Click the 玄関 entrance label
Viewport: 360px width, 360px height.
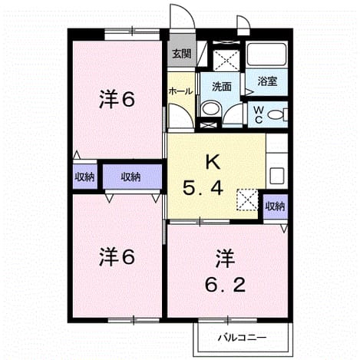pyautogui.click(x=182, y=54)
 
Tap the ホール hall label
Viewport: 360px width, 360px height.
pyautogui.click(x=180, y=91)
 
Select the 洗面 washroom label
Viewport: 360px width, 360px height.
pyautogui.click(x=222, y=87)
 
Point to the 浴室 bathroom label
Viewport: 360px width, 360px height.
pyautogui.click(x=267, y=81)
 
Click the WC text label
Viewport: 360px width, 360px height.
pyautogui.click(x=259, y=115)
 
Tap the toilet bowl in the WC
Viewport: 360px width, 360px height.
pyautogui.click(x=277, y=115)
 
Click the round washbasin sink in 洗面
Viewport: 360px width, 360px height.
pyautogui.click(x=211, y=109)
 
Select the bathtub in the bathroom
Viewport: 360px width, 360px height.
pyautogui.click(x=267, y=54)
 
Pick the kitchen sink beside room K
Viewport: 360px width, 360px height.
pyautogui.click(x=277, y=176)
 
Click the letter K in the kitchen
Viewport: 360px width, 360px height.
pyautogui.click(x=213, y=162)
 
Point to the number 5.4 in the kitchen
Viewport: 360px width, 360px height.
pyautogui.click(x=203, y=189)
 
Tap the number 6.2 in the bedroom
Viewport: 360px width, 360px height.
pyautogui.click(x=225, y=286)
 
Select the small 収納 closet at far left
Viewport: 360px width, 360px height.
pyautogui.click(x=84, y=177)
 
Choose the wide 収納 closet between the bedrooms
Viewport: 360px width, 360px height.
pyautogui.click(x=132, y=177)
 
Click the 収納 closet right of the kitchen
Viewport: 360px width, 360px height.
pyautogui.click(x=276, y=206)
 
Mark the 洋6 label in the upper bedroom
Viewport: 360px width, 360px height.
pyautogui.click(x=117, y=99)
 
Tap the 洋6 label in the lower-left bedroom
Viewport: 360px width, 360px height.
pyautogui.click(x=117, y=257)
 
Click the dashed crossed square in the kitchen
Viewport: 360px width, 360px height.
pyautogui.click(x=247, y=200)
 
